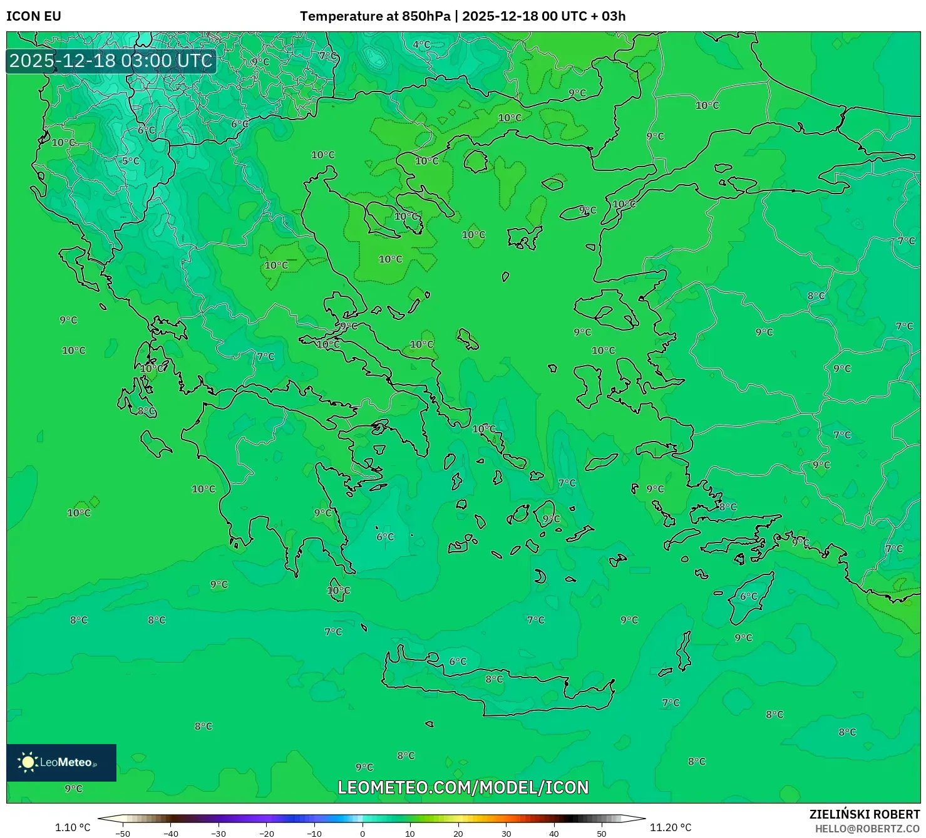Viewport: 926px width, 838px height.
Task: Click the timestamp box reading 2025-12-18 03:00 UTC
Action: point(111,61)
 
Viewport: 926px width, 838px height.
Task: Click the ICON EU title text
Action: point(34,16)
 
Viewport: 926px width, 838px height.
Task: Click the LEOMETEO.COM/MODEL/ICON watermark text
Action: point(463,787)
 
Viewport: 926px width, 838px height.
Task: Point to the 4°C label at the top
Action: point(421,44)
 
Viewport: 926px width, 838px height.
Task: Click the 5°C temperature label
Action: point(130,161)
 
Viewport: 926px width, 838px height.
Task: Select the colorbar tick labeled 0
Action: point(362,833)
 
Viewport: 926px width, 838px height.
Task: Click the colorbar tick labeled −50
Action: point(123,833)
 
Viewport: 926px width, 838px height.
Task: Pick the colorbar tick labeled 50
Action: point(602,833)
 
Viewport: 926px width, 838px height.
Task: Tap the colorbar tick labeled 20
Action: point(458,833)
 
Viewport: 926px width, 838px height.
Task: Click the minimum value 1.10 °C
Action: point(73,827)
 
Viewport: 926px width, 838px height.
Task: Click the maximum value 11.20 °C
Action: point(671,827)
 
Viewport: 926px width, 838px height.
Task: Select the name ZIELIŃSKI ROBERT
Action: point(864,814)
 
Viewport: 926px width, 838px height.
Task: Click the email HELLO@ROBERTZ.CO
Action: point(867,829)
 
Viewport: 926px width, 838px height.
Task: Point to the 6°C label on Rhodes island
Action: point(748,596)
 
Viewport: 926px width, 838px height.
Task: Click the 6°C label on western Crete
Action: point(458,661)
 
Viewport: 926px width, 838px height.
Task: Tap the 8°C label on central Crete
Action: point(494,679)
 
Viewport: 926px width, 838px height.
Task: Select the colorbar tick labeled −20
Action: point(267,833)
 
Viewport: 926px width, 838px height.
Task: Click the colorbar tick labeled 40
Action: point(553,833)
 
